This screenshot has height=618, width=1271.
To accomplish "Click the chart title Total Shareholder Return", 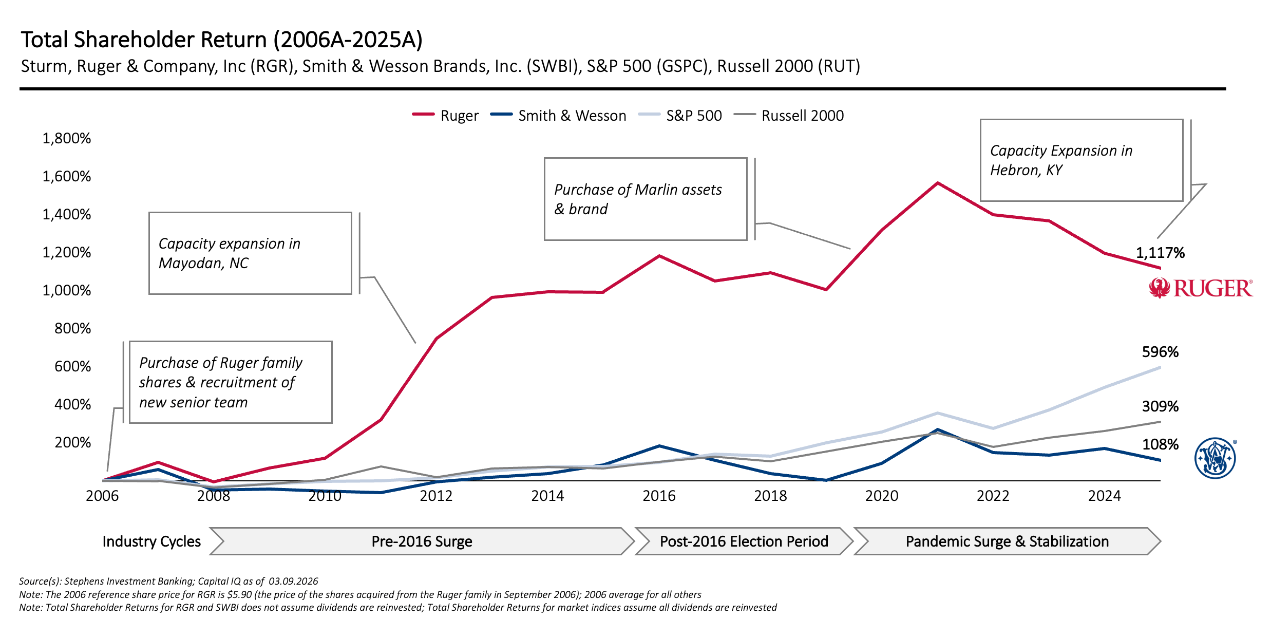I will click(221, 40).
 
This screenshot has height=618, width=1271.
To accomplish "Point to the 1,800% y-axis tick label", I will click(67, 138).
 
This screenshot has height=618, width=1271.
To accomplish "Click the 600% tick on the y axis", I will click(72, 366).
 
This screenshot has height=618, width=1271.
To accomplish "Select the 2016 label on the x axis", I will click(659, 496).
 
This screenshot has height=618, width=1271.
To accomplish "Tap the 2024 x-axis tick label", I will click(1104, 496).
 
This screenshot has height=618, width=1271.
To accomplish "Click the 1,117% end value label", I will click(1160, 253).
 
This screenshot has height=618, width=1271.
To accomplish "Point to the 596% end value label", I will click(1160, 352).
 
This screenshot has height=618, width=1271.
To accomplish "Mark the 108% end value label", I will click(1160, 444).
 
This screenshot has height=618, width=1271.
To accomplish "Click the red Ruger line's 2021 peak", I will click(938, 183).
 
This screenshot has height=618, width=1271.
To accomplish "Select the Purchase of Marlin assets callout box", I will click(645, 199).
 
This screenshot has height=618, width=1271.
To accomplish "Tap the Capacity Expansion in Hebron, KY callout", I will click(1081, 160).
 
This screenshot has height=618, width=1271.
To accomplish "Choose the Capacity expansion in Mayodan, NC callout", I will click(250, 253).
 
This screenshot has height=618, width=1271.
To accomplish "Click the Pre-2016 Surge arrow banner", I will click(422, 541).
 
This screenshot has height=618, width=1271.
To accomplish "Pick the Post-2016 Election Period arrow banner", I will click(744, 541).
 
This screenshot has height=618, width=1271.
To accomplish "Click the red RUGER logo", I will click(1201, 288).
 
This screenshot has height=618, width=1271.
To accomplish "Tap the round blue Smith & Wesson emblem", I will click(1215, 458).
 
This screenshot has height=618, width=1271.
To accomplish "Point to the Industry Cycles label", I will click(151, 541).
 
